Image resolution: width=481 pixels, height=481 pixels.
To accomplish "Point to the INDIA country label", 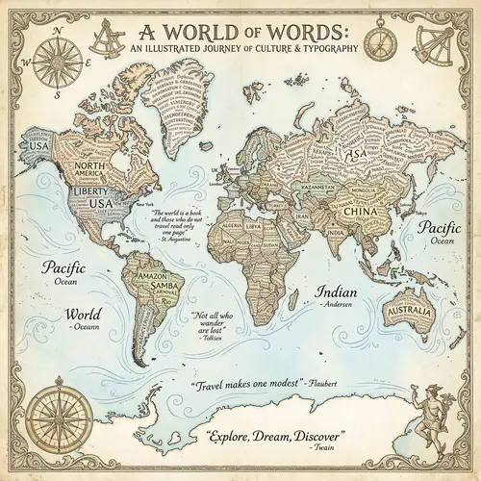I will (x=334, y=232).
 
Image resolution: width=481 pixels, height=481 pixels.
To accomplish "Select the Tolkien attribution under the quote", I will (x=208, y=339).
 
